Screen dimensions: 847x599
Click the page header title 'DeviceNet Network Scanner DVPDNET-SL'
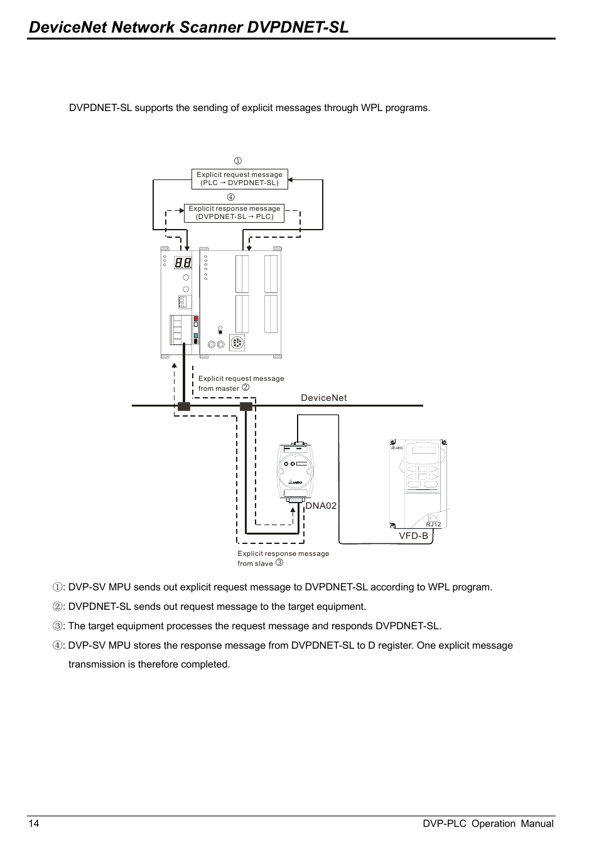pos(188,27)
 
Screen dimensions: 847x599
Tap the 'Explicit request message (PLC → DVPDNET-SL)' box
pos(239,179)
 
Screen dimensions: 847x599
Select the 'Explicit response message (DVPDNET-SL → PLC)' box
pos(234,213)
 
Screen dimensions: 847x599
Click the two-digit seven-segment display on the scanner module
pos(183,264)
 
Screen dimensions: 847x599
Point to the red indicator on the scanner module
pos(196,319)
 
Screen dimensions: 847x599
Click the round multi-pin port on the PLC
pos(237,344)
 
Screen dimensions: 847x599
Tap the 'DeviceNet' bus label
pos(323,398)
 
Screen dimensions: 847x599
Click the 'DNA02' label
pos(321,505)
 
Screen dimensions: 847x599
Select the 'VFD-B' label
pos(414,536)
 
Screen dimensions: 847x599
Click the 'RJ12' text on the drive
pos(433,525)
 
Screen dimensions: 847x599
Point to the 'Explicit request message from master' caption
pos(240,383)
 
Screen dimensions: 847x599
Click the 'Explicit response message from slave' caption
pos(283,558)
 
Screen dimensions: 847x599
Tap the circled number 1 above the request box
pos(238,161)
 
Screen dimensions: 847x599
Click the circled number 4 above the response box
pos(231,198)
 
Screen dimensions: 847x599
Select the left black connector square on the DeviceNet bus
pos(183,406)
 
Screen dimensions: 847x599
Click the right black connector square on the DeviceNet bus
pos(246,406)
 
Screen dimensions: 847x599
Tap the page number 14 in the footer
pos(33,824)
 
